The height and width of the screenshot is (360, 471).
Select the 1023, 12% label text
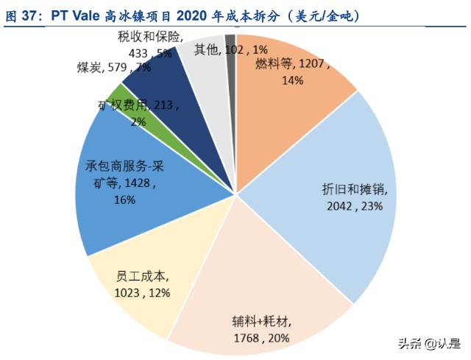[142, 293]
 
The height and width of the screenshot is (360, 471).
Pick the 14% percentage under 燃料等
[292, 80]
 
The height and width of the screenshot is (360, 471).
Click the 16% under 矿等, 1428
[125, 200]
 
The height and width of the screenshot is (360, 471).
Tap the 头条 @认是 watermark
[428, 343]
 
